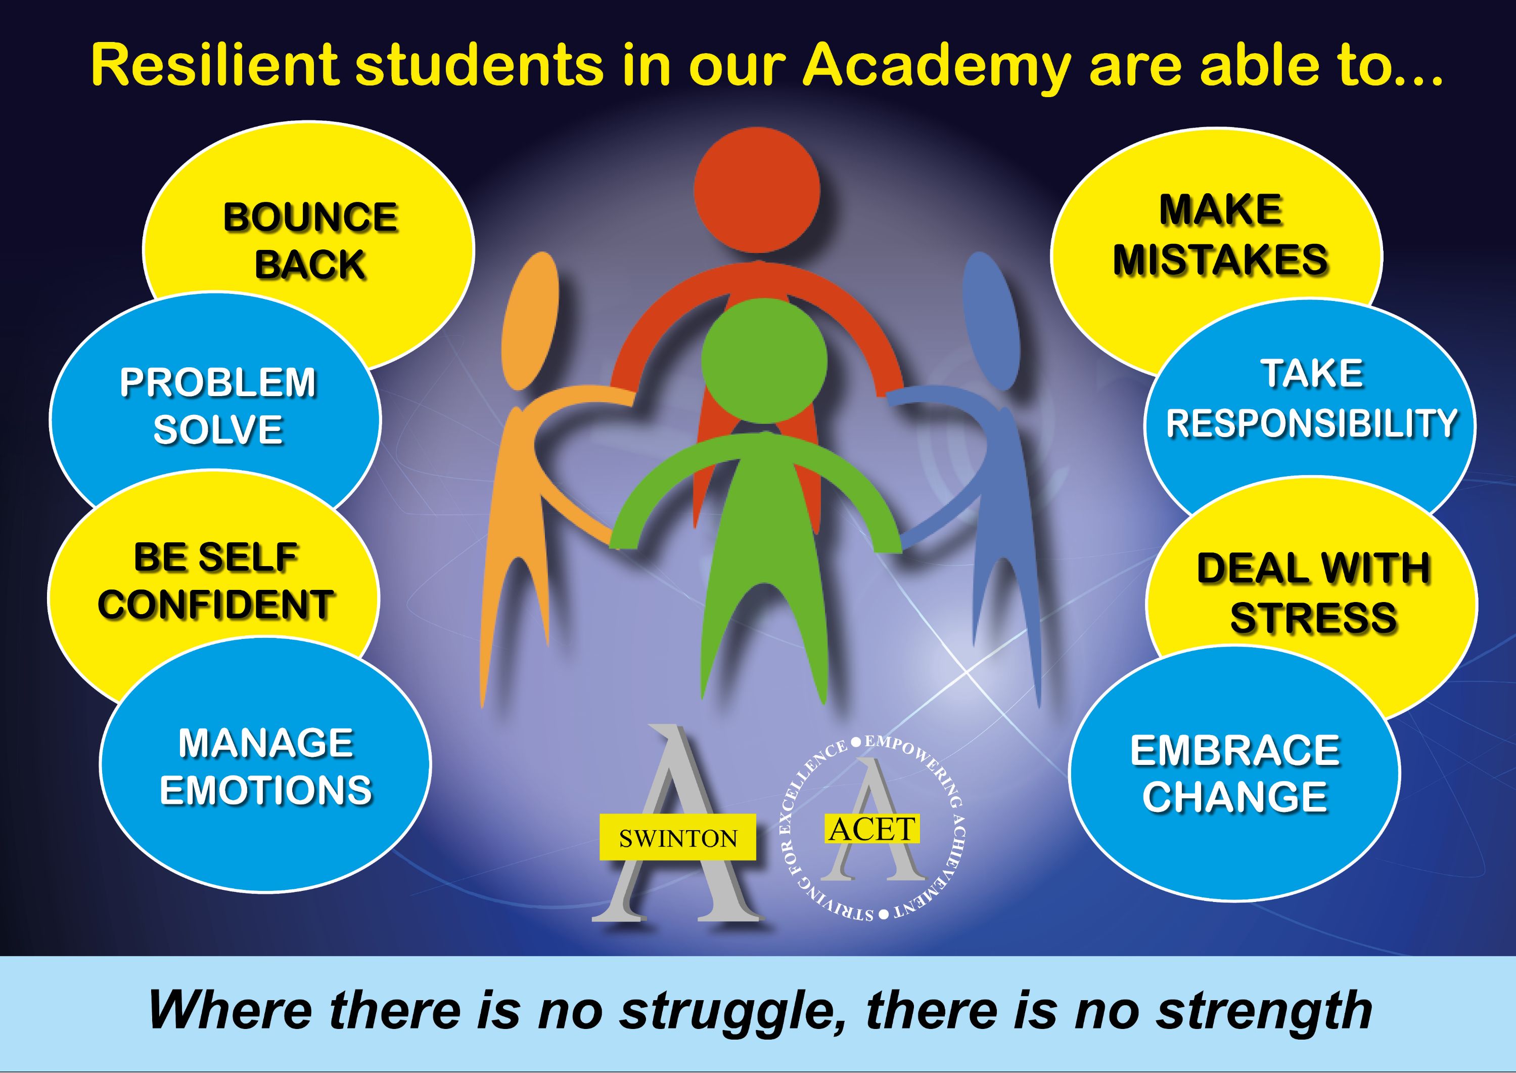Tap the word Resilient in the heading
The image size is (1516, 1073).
[215, 64]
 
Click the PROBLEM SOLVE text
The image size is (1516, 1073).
[218, 406]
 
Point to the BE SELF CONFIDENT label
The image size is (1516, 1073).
[216, 581]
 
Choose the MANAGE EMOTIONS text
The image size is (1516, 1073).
[265, 767]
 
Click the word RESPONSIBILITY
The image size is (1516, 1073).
[1311, 423]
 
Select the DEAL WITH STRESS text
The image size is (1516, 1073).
[1313, 593]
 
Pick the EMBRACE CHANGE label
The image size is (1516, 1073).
[1235, 774]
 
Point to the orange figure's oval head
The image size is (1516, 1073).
[530, 321]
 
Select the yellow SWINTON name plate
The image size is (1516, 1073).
[677, 838]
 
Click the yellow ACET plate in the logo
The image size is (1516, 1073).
[872, 829]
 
